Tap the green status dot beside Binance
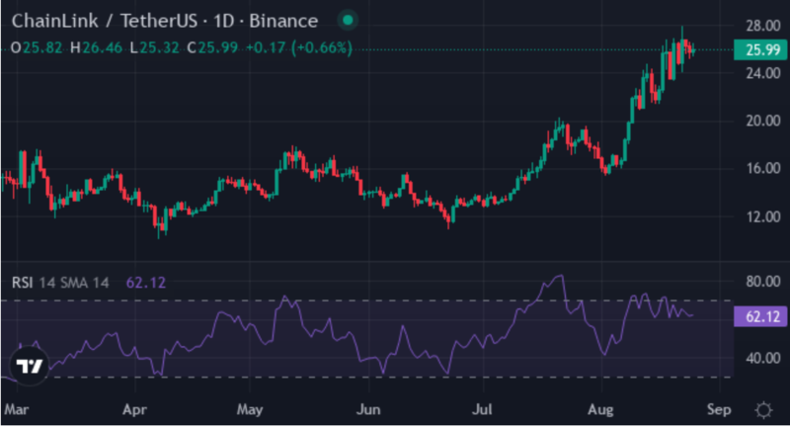(348, 21)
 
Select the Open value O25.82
(38, 47)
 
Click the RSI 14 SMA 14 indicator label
(60, 283)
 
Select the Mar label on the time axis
(16, 407)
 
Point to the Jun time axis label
(367, 407)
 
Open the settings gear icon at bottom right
(762, 408)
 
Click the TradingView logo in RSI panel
(30, 366)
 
